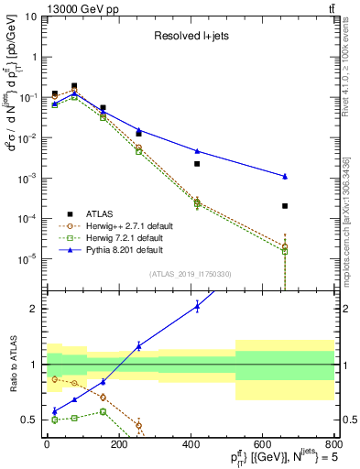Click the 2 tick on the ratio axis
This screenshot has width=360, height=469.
[33, 309]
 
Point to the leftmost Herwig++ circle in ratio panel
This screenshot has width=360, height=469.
[55, 378]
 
